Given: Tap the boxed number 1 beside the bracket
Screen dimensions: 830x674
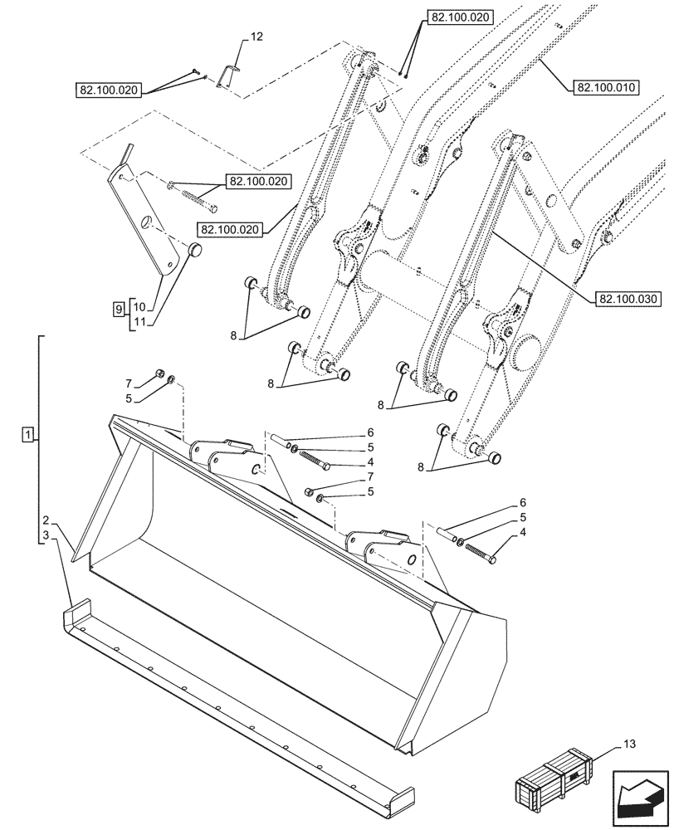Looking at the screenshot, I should coord(29,435).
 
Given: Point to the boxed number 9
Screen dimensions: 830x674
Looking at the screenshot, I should coord(119,309).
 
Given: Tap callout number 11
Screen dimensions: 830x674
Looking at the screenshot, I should coord(139,322).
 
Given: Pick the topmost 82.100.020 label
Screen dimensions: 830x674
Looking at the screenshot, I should coord(460,17).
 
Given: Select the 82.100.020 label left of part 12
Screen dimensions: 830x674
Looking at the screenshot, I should coord(110,90).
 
